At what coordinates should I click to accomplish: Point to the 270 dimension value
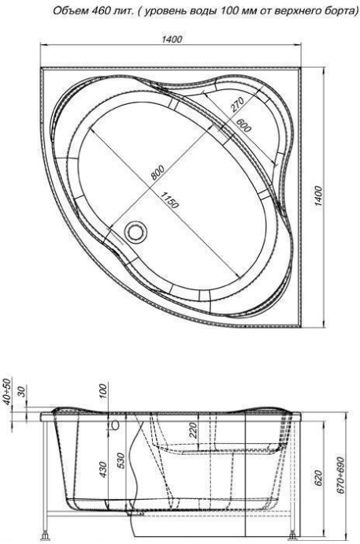(x=237, y=106)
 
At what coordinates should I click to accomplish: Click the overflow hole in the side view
(x=116, y=426)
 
